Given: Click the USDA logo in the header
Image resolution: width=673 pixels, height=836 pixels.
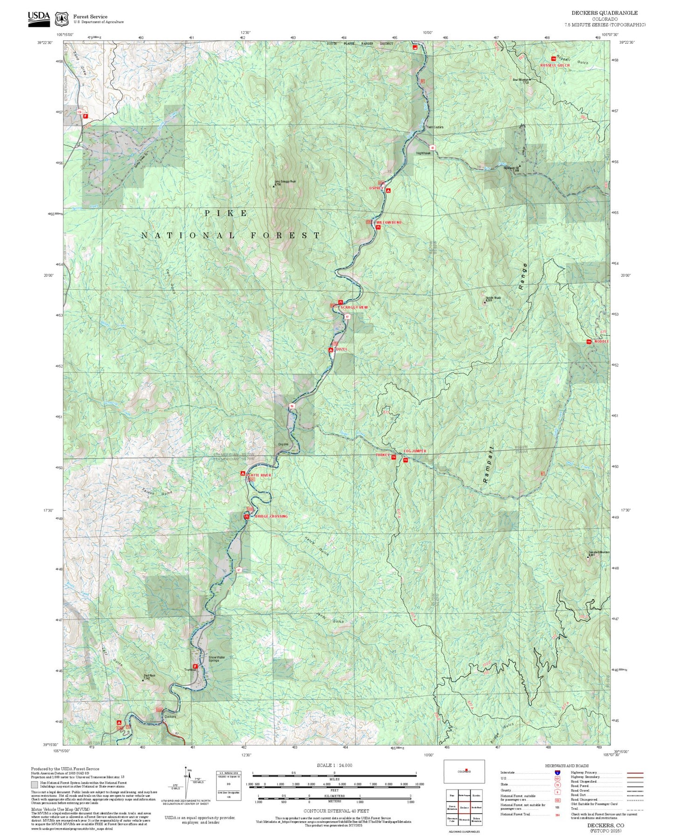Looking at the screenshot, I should [39, 18].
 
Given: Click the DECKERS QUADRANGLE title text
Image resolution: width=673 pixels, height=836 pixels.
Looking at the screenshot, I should [605, 13].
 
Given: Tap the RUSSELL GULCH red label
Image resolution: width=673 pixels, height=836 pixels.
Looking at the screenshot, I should [555, 65].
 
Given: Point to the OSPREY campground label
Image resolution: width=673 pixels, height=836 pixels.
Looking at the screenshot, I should [375, 188].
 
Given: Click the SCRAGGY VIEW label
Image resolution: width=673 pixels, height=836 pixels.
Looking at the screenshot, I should [354, 308].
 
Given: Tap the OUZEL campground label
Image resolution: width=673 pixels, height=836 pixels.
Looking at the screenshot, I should [341, 349].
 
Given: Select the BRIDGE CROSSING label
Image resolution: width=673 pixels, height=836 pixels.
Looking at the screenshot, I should [271, 516].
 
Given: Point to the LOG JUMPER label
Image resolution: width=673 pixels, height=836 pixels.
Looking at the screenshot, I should [415, 451].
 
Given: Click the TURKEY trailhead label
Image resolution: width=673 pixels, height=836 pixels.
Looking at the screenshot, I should [382, 455].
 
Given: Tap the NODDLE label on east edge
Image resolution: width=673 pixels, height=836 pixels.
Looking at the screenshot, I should [601, 342].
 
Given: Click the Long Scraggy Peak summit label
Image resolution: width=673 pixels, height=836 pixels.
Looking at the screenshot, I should [285, 182].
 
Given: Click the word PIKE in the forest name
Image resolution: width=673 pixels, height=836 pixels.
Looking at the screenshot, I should [226, 213].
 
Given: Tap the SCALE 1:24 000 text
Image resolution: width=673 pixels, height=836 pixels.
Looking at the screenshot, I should [334, 765].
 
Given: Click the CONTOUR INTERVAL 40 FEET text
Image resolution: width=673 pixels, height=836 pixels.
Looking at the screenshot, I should [336, 811].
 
